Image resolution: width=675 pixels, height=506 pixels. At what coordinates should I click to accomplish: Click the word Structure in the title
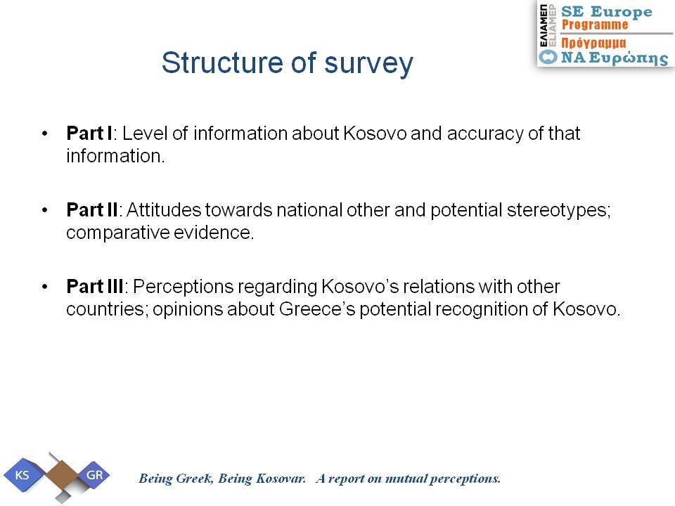222,63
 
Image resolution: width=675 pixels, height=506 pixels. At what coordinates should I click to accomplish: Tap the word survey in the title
368,65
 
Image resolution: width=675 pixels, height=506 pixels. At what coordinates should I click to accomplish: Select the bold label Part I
89,134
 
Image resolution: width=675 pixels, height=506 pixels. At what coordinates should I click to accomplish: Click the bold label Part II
92,210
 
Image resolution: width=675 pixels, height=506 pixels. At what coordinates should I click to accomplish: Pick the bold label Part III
95,287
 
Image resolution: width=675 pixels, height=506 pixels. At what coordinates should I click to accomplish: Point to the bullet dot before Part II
45,210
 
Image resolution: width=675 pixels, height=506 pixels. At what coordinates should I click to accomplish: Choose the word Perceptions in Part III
183,287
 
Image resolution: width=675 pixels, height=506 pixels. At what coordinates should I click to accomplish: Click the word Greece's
317,309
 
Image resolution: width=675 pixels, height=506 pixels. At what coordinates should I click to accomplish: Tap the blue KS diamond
22,475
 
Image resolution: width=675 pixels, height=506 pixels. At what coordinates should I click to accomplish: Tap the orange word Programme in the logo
595,25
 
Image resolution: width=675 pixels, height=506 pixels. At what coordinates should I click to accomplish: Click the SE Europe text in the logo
607,12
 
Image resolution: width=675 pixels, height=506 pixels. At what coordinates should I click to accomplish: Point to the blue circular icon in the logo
548,57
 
